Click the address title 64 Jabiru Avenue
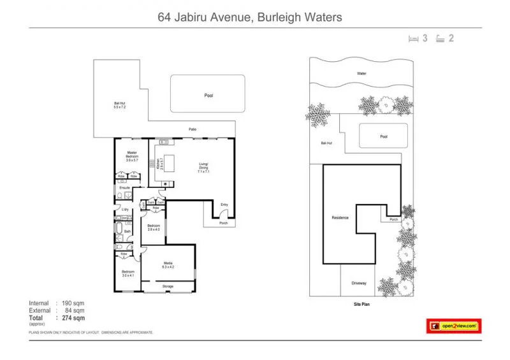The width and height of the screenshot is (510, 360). pyautogui.click(x=249, y=17)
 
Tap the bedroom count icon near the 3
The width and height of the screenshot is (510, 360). pyautogui.click(x=414, y=38)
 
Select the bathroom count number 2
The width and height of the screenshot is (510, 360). pyautogui.click(x=451, y=38)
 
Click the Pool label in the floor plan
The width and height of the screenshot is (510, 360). pyautogui.click(x=208, y=95)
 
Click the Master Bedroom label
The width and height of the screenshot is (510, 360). pyautogui.click(x=132, y=154)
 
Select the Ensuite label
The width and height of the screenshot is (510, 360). pyautogui.click(x=125, y=188)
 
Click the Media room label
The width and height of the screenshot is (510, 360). pyautogui.click(x=168, y=265)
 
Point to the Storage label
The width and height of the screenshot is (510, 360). pyautogui.click(x=168, y=286)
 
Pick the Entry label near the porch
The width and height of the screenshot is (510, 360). pyautogui.click(x=224, y=205)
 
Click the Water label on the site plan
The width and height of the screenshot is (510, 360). pyautogui.click(x=361, y=73)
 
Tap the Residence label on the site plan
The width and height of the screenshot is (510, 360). pyautogui.click(x=340, y=218)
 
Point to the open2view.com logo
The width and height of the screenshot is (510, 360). pyautogui.click(x=453, y=326)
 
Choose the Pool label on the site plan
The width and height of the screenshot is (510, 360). pyautogui.click(x=383, y=136)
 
